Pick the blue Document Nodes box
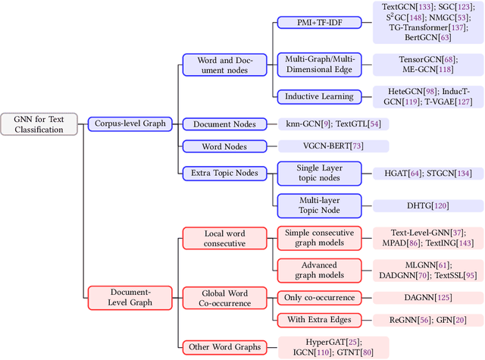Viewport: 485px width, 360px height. [x=223, y=124]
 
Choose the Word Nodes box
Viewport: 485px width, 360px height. [x=223, y=146]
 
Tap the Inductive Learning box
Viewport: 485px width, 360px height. [x=318, y=96]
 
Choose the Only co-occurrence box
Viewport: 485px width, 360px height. [x=318, y=297]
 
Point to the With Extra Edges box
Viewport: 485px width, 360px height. [x=318, y=320]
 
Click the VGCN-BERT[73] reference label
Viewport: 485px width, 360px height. [x=334, y=146]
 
